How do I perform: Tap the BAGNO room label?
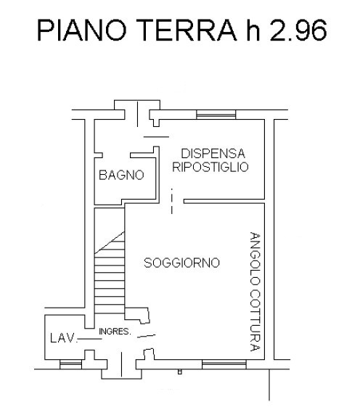click(x=121, y=176)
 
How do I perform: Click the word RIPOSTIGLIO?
click(x=210, y=167)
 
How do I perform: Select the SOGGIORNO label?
click(x=181, y=263)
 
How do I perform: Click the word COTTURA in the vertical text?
click(x=254, y=317)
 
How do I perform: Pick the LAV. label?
click(x=62, y=338)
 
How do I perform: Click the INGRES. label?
click(x=115, y=332)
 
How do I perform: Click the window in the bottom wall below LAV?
click(x=69, y=362)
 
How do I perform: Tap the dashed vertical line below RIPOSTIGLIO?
click(x=172, y=201)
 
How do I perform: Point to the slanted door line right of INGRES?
click(x=146, y=335)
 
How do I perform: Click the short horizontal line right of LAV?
click(x=89, y=338)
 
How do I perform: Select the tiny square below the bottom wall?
click(x=179, y=372)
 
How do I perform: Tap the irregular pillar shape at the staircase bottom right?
click(x=139, y=314)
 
